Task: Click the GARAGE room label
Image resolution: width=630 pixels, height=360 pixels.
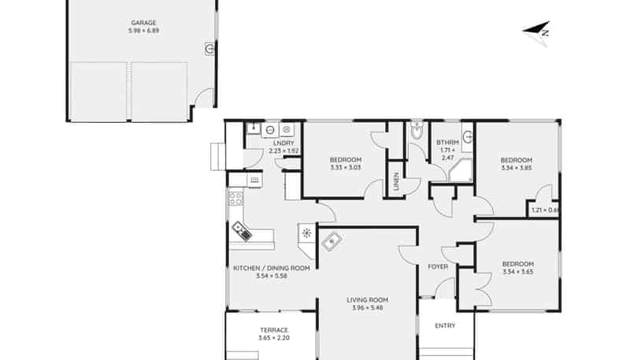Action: (x=143, y=23)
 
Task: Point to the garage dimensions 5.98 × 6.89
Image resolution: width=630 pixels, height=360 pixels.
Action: (x=143, y=31)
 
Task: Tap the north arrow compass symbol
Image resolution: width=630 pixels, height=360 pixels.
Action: (x=536, y=32)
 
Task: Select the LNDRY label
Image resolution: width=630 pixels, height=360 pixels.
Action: (x=283, y=143)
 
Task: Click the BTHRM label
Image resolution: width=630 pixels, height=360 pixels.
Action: (x=447, y=143)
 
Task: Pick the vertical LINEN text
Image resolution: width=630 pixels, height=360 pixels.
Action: (x=397, y=181)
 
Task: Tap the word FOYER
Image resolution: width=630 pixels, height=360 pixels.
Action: (x=438, y=267)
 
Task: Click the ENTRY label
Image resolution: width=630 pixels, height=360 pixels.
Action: (x=445, y=325)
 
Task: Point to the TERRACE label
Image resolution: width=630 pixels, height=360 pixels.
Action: (x=274, y=330)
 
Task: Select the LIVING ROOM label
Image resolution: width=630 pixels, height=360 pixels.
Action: (x=367, y=300)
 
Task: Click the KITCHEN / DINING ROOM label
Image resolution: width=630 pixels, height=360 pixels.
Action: (x=272, y=268)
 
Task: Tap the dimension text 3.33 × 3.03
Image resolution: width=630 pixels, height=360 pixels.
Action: (x=346, y=168)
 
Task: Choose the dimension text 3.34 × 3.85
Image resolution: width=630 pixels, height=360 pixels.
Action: (x=517, y=168)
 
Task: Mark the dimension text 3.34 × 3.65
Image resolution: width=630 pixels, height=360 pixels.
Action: (x=518, y=272)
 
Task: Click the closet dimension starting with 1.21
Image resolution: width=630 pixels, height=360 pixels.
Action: (x=545, y=210)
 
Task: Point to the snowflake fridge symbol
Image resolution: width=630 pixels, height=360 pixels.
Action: (x=306, y=232)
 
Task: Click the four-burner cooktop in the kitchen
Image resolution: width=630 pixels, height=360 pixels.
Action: (x=235, y=198)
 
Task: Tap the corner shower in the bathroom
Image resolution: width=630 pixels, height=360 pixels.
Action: (x=461, y=170)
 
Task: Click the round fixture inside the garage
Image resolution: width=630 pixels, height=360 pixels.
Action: (x=209, y=49)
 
